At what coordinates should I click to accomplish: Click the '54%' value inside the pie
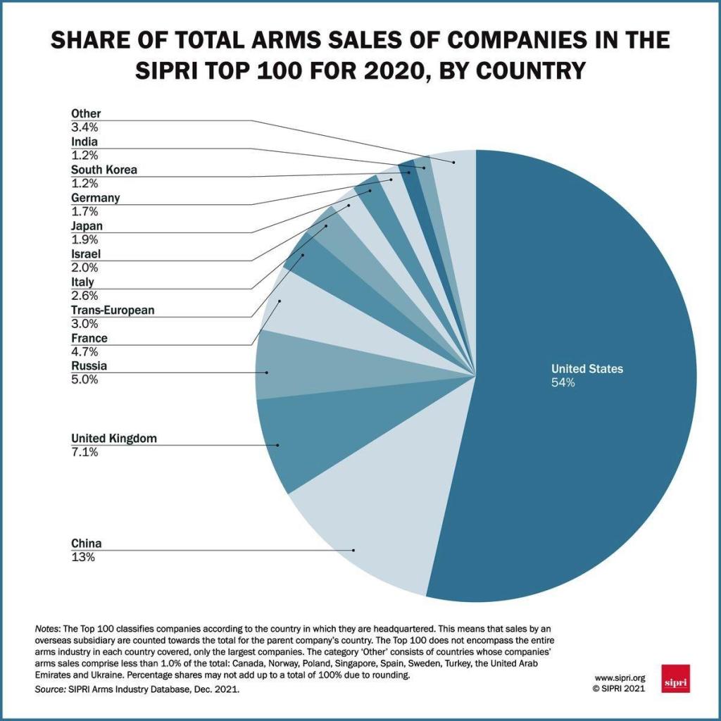click(563, 383)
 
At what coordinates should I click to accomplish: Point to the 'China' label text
click(87, 544)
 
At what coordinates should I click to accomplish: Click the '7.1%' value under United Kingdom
click(84, 452)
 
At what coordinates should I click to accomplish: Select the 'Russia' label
click(89, 366)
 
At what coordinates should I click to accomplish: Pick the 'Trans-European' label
click(113, 310)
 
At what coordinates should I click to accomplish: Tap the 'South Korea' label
click(104, 170)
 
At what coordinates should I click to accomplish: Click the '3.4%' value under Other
click(84, 127)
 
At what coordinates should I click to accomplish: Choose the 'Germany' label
click(95, 198)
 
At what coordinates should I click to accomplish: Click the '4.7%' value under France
click(84, 352)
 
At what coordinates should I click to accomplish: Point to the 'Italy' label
click(82, 282)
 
